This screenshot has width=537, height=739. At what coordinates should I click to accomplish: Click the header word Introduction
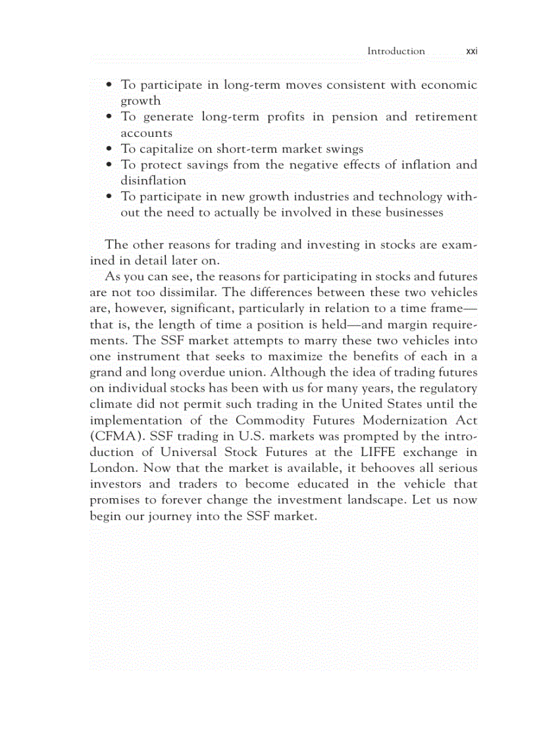click(396, 51)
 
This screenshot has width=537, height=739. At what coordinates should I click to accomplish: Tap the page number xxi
click(471, 51)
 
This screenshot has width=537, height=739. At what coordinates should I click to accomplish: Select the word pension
click(354, 116)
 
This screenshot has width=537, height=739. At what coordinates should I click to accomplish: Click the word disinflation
click(153, 180)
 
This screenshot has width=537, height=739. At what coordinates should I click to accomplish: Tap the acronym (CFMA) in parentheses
click(113, 436)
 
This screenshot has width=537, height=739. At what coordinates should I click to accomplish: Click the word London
click(113, 468)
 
